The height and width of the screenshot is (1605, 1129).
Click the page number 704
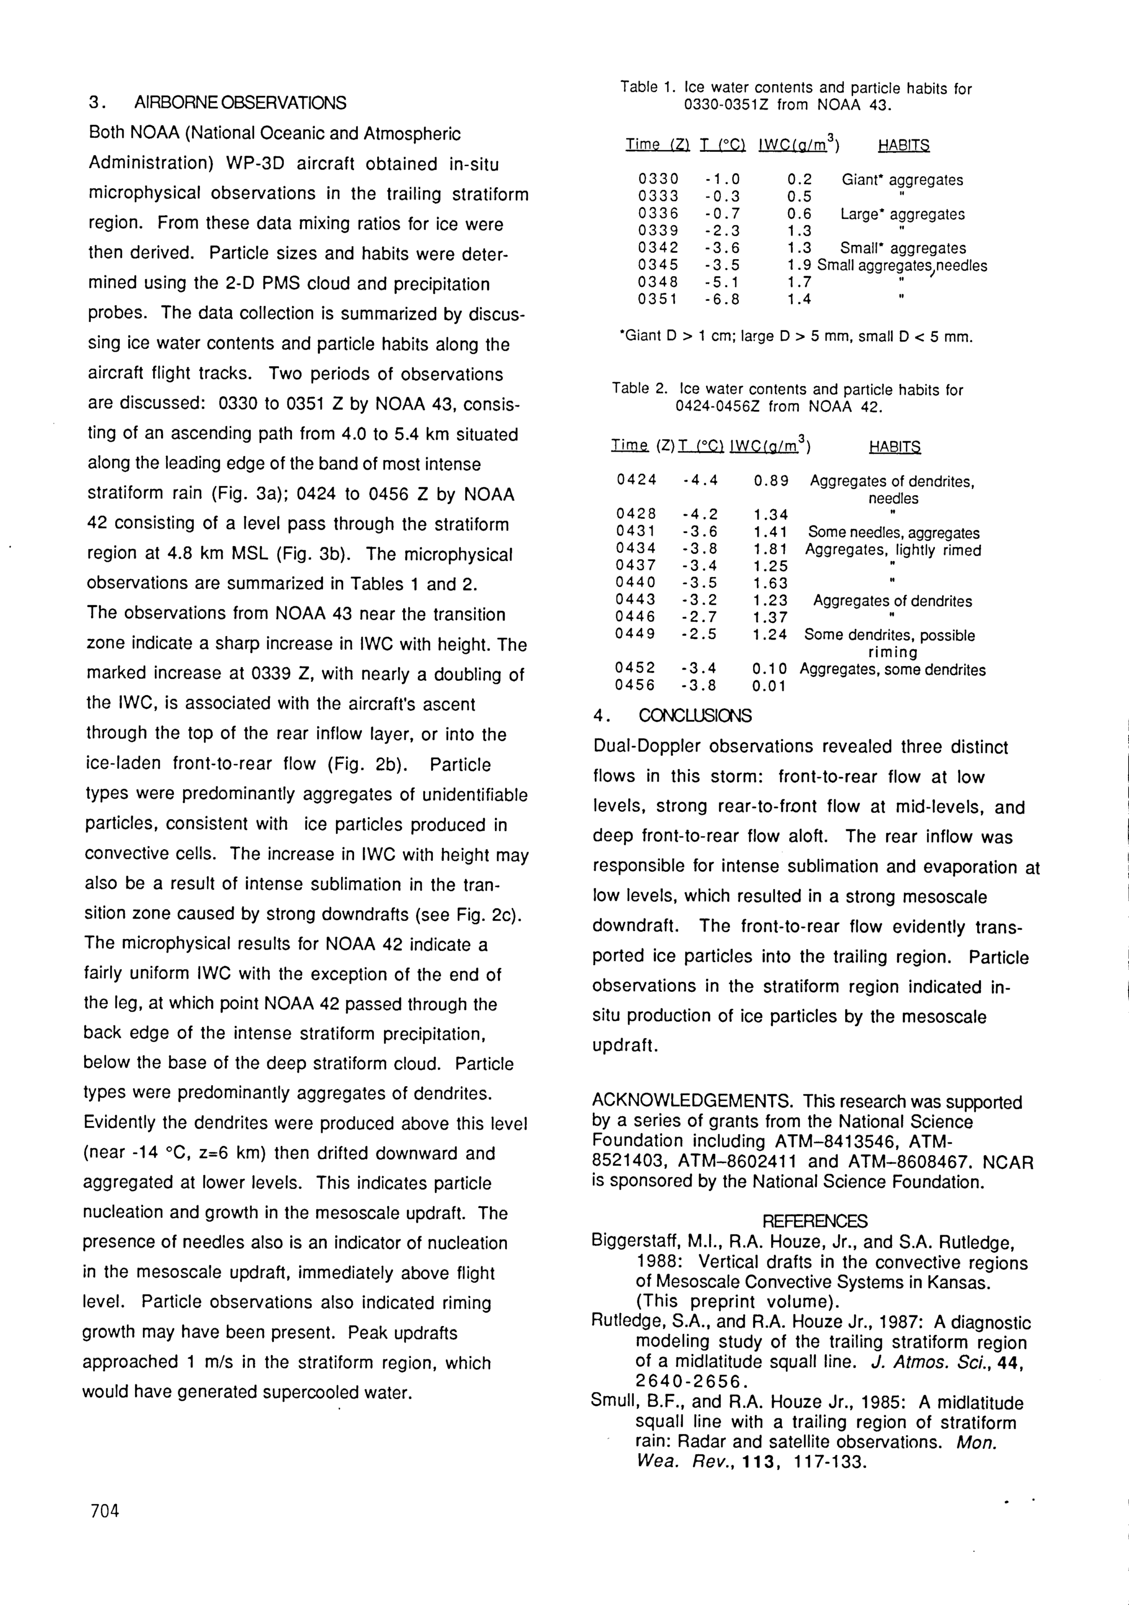tap(105, 1511)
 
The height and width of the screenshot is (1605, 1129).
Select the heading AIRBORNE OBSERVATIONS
tap(240, 103)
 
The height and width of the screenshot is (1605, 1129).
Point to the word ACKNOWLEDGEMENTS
tap(692, 1101)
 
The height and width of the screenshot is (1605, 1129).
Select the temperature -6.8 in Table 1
tap(722, 299)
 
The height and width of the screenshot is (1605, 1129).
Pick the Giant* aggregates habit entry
tap(902, 180)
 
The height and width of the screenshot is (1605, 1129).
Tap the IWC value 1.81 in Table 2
tap(771, 549)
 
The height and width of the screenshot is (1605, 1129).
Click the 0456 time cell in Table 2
tap(634, 686)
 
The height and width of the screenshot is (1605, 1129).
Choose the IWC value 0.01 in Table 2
tap(769, 686)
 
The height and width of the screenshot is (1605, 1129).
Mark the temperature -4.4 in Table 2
tap(700, 481)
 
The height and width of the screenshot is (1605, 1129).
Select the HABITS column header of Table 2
tap(894, 447)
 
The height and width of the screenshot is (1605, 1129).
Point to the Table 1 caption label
tap(648, 88)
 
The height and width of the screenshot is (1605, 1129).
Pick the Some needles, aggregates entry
tap(894, 533)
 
